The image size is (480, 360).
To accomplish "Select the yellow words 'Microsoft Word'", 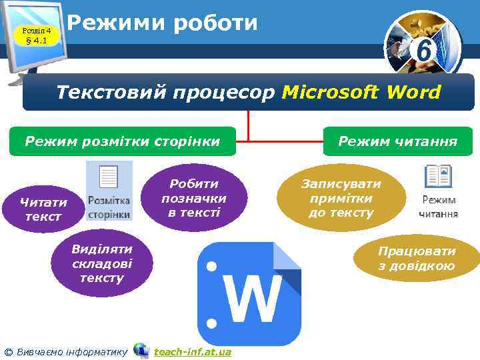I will (361, 92).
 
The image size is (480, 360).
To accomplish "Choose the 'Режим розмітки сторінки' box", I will (122, 141).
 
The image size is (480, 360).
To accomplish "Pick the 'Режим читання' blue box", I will (397, 141).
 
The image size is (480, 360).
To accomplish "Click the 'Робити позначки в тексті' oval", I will (194, 198).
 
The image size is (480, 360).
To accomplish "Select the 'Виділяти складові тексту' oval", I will (101, 263).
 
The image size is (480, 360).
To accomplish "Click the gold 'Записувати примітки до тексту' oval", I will (341, 198).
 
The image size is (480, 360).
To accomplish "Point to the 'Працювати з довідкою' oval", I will (417, 259).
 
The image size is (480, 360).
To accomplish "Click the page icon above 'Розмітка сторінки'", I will (108, 179).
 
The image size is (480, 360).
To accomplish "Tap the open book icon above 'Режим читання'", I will (438, 177).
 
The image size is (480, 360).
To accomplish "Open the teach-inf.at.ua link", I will (193, 351).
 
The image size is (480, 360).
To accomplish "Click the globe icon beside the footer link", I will (141, 350).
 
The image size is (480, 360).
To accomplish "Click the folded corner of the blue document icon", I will (288, 257).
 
